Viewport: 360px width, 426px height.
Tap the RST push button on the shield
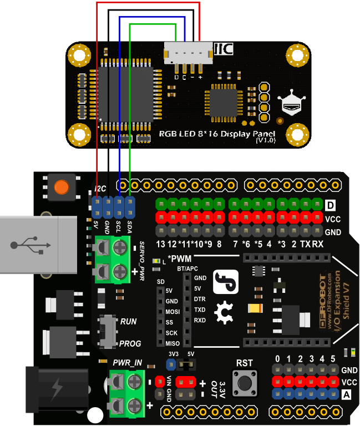pyautogui.click(x=244, y=381)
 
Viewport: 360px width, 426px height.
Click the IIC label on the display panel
pyautogui.click(x=222, y=49)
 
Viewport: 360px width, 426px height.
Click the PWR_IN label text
pyautogui.click(x=127, y=363)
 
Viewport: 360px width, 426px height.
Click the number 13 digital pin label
pyautogui.click(x=161, y=244)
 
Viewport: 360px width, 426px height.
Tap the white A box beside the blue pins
pyautogui.click(x=347, y=394)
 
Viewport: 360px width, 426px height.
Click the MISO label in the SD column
pyautogui.click(x=172, y=343)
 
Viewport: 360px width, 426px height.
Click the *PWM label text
pyautogui.click(x=180, y=259)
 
